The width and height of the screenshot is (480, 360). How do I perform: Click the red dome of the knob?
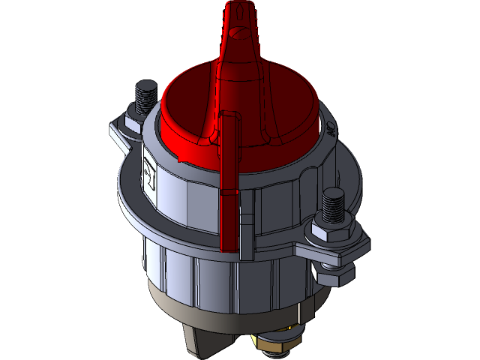pyautogui.click(x=187, y=105)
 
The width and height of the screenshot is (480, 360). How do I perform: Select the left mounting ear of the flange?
pyautogui.click(x=120, y=131)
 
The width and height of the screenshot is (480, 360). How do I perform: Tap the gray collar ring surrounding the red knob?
pyautogui.click(x=315, y=150)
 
